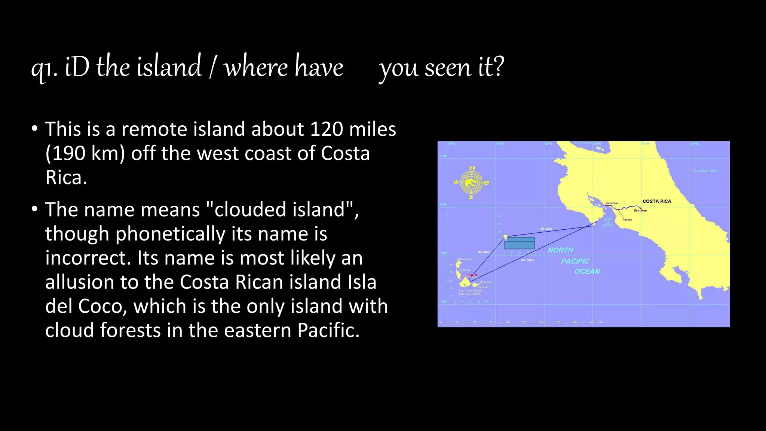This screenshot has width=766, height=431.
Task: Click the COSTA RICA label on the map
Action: tap(657, 201)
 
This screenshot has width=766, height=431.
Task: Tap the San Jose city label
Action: tap(640, 211)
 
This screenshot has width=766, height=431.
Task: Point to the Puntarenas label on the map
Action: tap(612, 203)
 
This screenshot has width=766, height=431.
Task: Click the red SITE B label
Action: tap(472, 275)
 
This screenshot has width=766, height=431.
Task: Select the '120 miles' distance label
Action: tap(545, 229)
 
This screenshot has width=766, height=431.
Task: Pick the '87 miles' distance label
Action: tap(484, 252)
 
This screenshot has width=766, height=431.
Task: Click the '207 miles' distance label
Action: tap(527, 260)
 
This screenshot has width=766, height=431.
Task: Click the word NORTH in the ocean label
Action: tap(560, 250)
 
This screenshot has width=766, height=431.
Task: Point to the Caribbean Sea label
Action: tap(705, 171)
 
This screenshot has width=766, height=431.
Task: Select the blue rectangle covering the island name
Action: tap(520, 243)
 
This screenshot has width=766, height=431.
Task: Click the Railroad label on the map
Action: tap(627, 220)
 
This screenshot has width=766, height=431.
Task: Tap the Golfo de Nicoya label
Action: tap(608, 222)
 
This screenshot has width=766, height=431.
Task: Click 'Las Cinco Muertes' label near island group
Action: tap(471, 290)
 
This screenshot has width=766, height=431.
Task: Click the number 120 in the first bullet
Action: tap(327, 129)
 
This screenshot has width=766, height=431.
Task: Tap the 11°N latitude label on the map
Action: tap(442, 156)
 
